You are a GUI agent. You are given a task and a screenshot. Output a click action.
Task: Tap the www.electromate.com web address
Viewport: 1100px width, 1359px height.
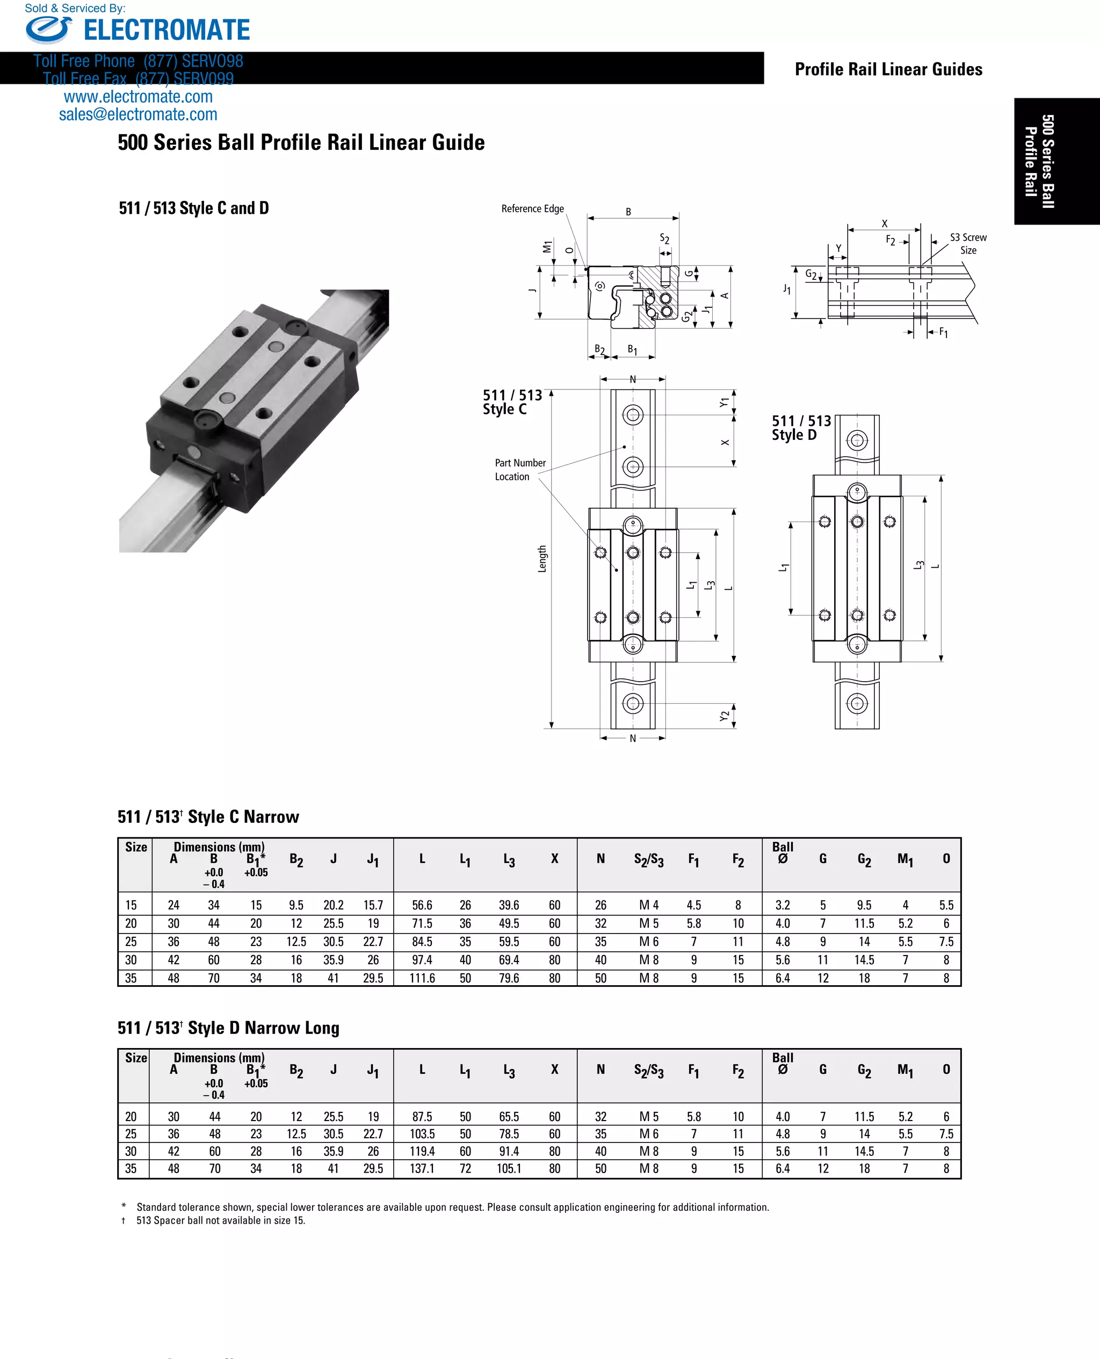(x=138, y=97)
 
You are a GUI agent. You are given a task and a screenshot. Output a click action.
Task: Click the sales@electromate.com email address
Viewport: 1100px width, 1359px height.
(x=138, y=114)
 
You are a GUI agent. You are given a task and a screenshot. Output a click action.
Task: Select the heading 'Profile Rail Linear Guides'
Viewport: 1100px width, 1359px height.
(x=888, y=69)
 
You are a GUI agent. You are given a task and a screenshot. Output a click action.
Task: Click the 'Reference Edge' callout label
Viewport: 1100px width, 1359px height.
(x=532, y=208)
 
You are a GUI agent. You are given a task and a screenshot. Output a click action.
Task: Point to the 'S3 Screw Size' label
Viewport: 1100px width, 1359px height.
(x=967, y=243)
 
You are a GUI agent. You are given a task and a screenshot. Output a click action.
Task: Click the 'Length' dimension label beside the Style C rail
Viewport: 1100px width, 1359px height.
(x=542, y=559)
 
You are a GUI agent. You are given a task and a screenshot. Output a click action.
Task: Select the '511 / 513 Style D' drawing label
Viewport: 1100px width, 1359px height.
(x=801, y=428)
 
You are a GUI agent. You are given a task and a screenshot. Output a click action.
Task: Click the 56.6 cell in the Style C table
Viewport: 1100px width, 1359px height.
(x=422, y=905)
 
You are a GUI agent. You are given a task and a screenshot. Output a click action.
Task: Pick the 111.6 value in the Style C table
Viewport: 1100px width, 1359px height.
(x=422, y=978)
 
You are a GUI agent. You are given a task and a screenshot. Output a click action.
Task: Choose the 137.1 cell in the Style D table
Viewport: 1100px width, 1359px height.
(x=422, y=1168)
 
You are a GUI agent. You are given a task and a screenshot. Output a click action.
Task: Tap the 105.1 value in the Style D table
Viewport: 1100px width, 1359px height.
(x=509, y=1168)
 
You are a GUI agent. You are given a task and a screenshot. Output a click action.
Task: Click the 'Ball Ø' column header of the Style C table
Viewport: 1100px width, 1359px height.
(x=783, y=853)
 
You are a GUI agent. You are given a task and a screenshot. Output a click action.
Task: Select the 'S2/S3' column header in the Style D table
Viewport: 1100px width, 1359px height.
(x=649, y=1070)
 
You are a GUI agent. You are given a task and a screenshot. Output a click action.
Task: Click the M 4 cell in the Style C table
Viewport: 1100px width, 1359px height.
(x=649, y=905)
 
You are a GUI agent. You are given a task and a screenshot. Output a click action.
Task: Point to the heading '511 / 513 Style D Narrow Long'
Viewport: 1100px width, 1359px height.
(x=229, y=1028)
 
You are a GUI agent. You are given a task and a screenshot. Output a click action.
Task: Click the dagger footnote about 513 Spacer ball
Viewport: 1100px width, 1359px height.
(x=221, y=1221)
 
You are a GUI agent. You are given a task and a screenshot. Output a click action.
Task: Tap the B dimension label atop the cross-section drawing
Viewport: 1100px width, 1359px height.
(x=628, y=212)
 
